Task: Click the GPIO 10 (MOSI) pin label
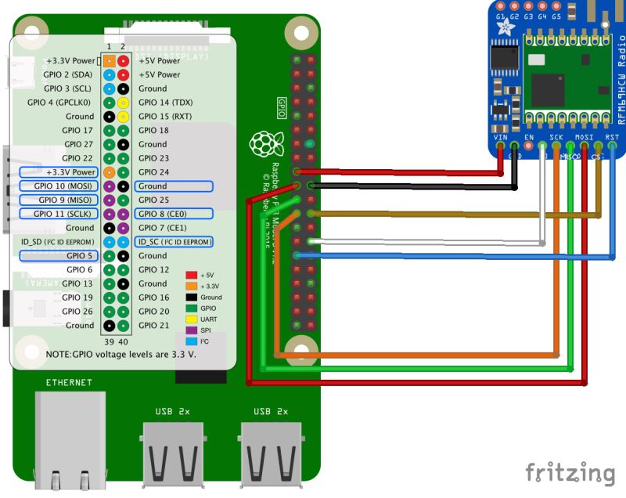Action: click(x=59, y=186)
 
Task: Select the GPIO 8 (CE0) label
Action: click(x=173, y=214)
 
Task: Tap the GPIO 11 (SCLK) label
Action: click(x=59, y=214)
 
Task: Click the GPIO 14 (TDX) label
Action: click(x=165, y=103)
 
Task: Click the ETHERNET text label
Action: click(x=69, y=382)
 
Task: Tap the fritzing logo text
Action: click(x=570, y=473)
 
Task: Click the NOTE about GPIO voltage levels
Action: click(x=121, y=355)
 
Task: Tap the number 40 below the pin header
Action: click(x=123, y=341)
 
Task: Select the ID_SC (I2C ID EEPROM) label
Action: click(x=173, y=242)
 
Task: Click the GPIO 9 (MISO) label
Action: click(x=59, y=200)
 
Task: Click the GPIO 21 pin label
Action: click(x=153, y=325)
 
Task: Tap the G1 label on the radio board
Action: click(x=500, y=16)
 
